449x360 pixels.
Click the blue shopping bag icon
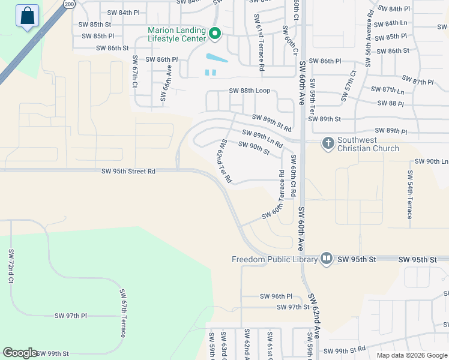click(x=28, y=16)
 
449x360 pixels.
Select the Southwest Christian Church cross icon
click(x=328, y=143)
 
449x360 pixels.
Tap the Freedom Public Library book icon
click(x=326, y=259)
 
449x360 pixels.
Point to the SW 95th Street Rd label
click(x=128, y=172)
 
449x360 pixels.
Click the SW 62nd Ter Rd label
click(x=224, y=160)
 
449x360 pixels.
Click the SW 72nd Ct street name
click(x=11, y=266)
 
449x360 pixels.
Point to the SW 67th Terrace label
click(x=123, y=313)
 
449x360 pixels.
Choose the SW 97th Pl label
click(x=71, y=316)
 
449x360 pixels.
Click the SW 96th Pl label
click(x=276, y=296)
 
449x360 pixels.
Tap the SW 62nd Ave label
click(x=315, y=316)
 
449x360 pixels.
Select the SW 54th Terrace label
click(x=410, y=194)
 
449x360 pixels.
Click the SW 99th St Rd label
click(x=345, y=350)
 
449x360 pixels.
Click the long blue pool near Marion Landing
click(x=217, y=59)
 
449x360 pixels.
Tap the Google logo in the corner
click(x=20, y=353)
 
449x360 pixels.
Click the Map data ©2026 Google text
click(x=412, y=355)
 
